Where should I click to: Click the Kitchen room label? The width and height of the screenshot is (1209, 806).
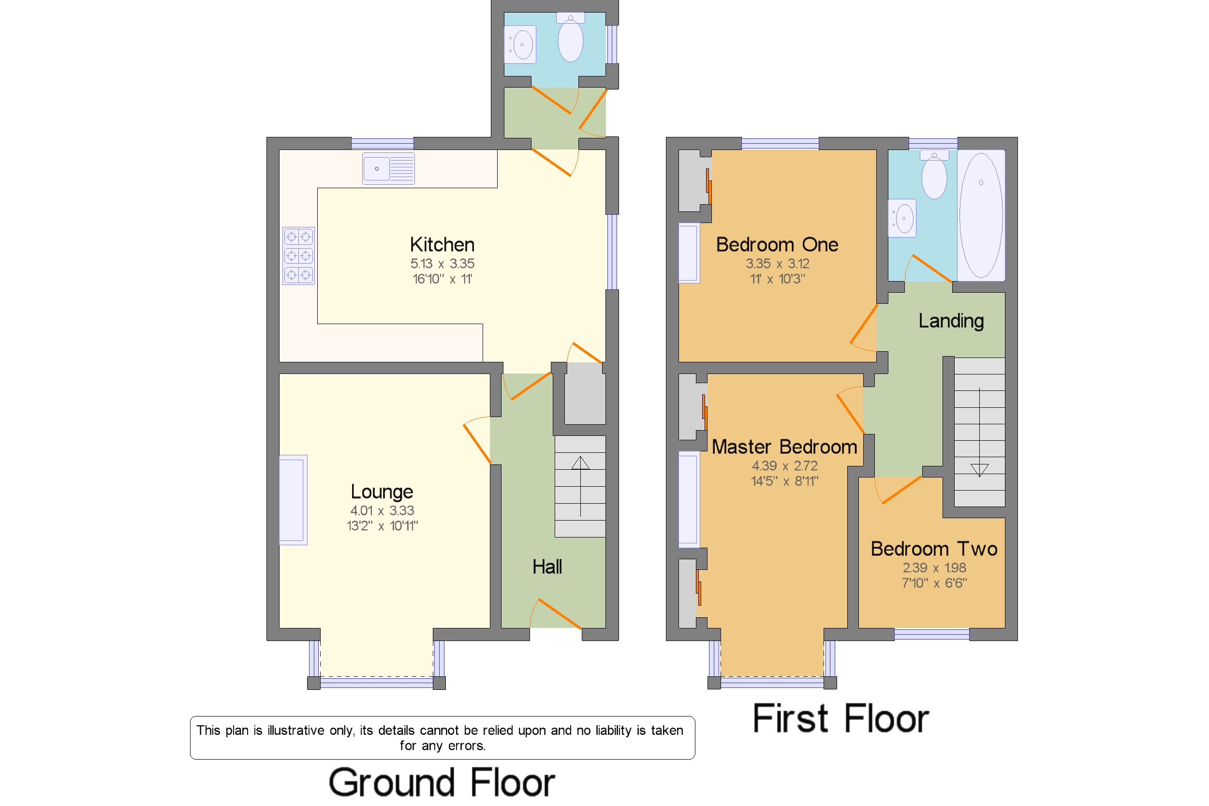442,245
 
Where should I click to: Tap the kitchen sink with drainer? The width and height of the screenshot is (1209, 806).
388,168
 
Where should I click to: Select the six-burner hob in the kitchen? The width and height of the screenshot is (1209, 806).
298,256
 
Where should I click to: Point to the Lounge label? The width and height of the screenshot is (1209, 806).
382,492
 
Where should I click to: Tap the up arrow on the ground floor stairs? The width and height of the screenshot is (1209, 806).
580,486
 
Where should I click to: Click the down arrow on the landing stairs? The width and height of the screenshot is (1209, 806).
979,432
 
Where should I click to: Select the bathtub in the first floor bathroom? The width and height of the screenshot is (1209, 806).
981,215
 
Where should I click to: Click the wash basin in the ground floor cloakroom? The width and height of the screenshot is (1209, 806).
520,45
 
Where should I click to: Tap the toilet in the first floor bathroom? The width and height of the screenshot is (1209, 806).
934,175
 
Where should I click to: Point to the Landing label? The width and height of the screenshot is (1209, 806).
951,321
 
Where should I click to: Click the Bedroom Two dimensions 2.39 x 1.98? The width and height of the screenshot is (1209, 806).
934,567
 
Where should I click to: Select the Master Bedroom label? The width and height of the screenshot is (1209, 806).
784,447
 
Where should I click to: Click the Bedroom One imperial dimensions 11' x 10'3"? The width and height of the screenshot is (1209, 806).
777,279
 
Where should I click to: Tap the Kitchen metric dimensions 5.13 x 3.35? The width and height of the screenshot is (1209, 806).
442,264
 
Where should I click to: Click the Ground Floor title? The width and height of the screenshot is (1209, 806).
442,782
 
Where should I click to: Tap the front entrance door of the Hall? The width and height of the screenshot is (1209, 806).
556,613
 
